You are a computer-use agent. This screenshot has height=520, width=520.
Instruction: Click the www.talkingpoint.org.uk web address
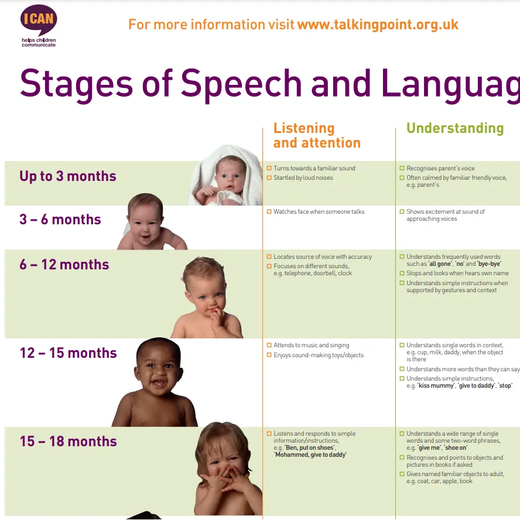click(378, 25)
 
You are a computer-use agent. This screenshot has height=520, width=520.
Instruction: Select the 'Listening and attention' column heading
click(316, 135)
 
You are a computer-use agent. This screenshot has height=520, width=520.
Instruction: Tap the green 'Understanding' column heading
click(455, 128)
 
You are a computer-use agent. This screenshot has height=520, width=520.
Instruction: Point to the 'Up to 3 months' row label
click(68, 176)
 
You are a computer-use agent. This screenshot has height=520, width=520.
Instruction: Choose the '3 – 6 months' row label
click(60, 220)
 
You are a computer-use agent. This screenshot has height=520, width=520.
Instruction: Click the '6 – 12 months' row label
click(64, 265)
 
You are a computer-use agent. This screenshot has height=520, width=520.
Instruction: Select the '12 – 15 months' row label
click(69, 353)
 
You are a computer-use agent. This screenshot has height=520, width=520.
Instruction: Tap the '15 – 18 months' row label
click(69, 442)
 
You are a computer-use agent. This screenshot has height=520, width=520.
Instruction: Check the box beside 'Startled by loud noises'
click(269, 178)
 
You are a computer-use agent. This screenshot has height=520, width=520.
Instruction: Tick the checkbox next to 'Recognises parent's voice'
click(402, 169)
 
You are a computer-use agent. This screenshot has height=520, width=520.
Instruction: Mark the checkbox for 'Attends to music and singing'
click(269, 345)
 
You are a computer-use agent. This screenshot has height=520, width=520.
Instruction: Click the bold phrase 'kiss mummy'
click(436, 386)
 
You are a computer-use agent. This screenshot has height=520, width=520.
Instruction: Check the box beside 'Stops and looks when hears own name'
click(402, 273)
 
